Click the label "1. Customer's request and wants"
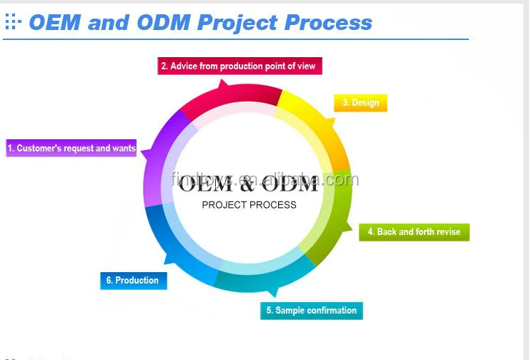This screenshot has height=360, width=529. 71,149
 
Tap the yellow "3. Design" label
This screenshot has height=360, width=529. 360,103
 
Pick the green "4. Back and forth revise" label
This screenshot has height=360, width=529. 414,232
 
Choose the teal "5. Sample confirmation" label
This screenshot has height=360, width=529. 311,311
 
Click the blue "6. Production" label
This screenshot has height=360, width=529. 133,281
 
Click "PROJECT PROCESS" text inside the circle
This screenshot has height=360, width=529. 249,205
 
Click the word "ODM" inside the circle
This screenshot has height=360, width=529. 290,185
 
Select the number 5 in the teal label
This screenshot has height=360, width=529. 270,311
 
